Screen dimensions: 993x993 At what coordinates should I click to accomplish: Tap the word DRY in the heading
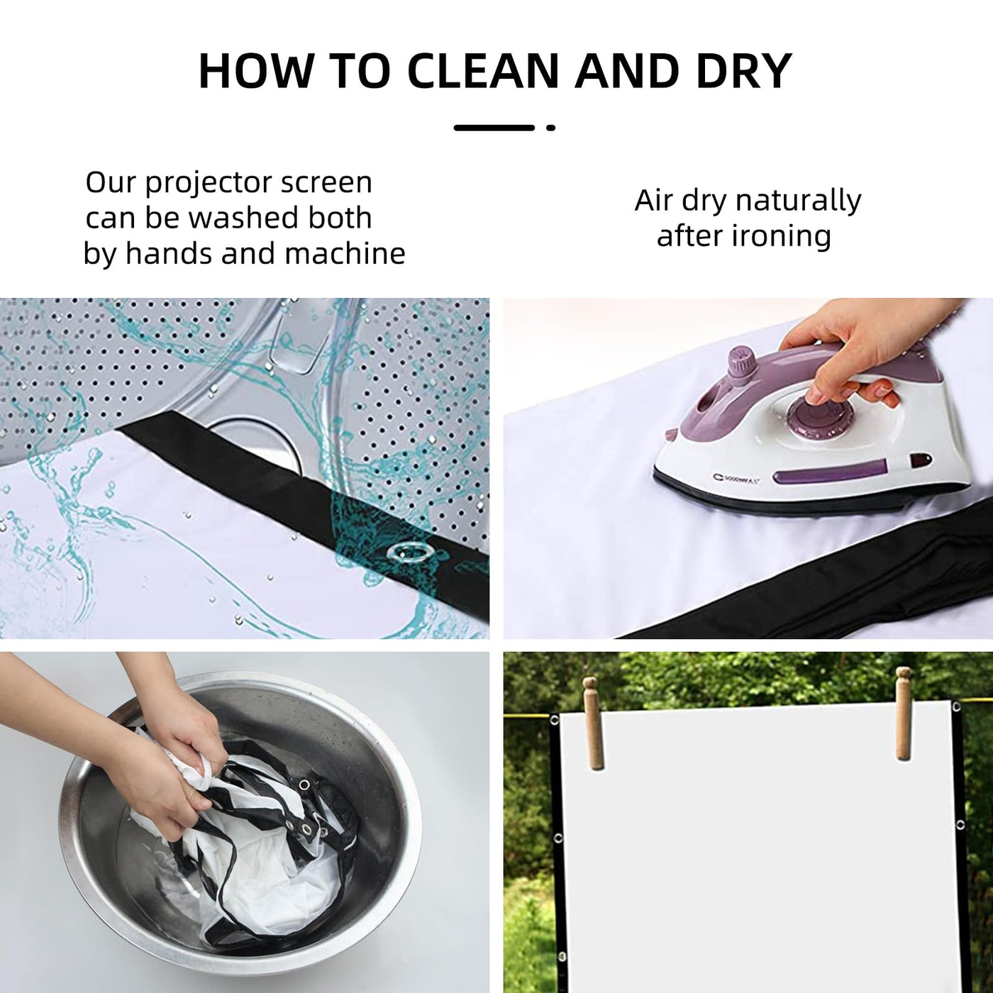743,71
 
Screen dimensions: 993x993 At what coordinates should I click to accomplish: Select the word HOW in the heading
256,71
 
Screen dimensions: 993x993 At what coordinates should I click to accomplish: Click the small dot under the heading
551,127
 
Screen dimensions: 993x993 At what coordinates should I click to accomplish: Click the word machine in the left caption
345,253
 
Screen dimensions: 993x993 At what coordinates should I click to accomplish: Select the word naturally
798,201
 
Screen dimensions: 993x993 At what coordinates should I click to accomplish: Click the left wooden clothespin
594,732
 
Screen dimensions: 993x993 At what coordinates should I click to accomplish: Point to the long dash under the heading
494,127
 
